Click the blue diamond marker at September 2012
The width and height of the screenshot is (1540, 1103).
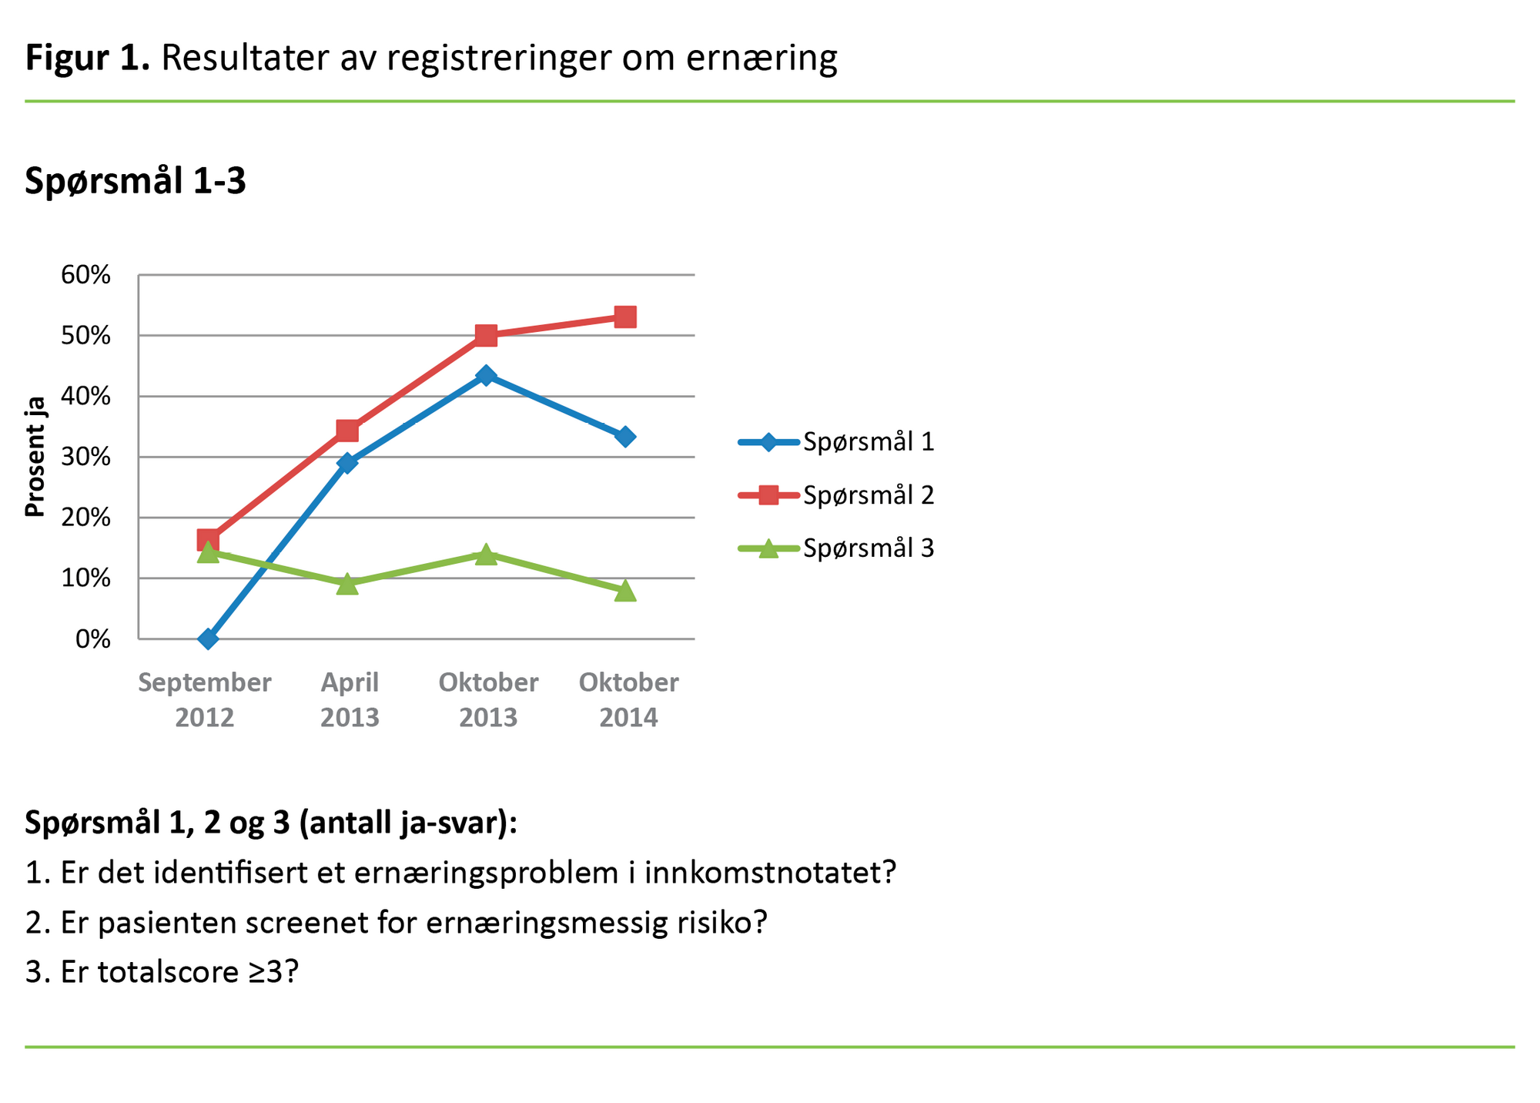click(x=208, y=639)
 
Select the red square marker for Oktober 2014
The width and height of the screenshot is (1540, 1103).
click(x=625, y=317)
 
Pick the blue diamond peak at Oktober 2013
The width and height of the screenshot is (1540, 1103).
click(x=486, y=375)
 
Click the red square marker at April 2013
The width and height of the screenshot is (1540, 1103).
click(x=347, y=430)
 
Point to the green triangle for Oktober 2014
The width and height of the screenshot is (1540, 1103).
click(x=625, y=591)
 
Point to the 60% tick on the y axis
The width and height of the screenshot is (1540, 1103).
click(x=86, y=275)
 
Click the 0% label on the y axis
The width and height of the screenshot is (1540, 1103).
click(x=93, y=639)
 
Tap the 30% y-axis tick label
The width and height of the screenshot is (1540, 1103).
click(x=86, y=458)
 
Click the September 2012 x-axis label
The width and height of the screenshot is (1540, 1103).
click(x=205, y=699)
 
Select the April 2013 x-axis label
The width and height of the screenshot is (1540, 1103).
click(x=350, y=699)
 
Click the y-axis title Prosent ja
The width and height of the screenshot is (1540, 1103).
click(x=35, y=457)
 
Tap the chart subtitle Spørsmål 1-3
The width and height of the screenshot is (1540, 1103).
click(x=136, y=182)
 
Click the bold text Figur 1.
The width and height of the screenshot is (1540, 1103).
click(x=87, y=58)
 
